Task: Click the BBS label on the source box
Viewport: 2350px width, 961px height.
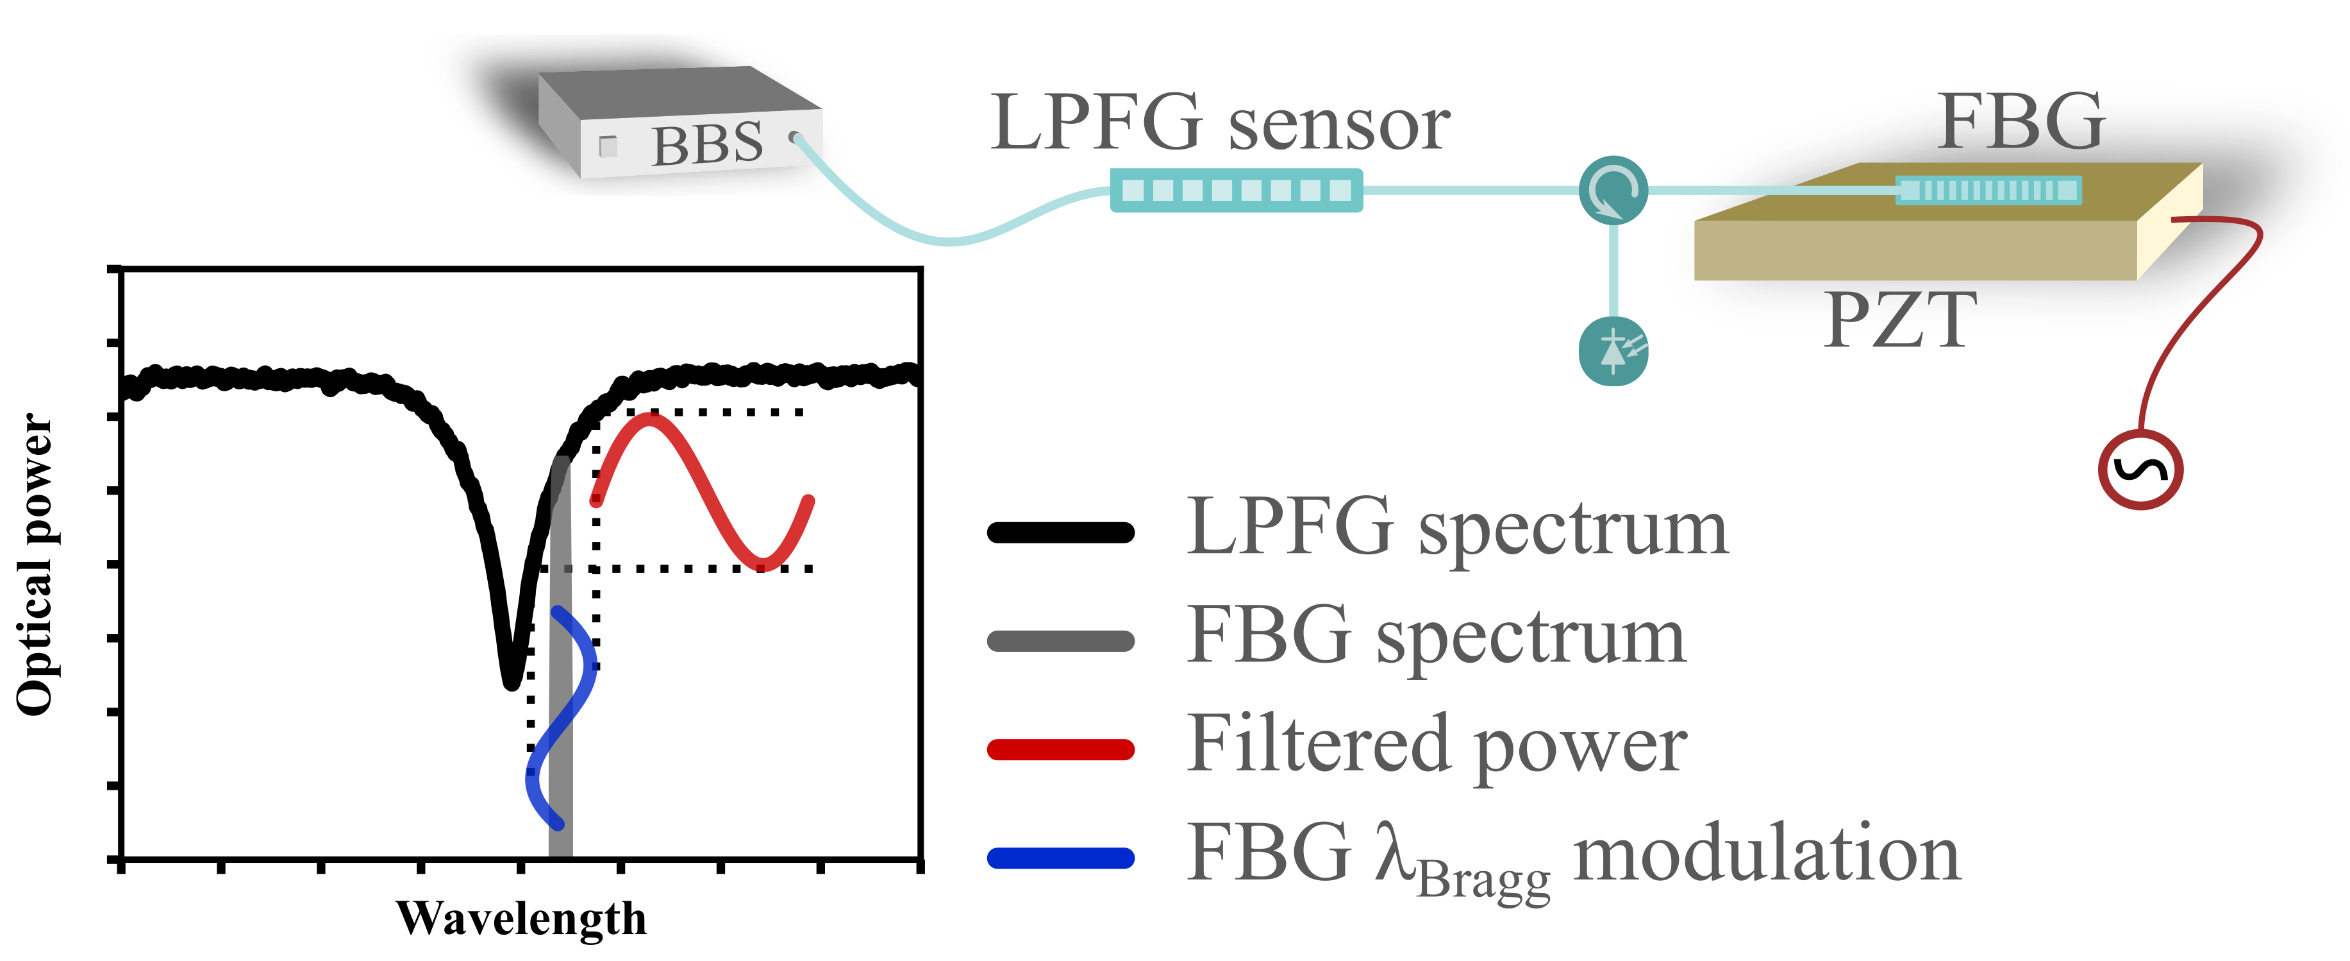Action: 707,144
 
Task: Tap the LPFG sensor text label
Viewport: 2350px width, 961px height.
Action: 1220,123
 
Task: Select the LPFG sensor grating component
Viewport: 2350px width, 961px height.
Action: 1236,191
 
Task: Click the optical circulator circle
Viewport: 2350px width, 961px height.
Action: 1613,191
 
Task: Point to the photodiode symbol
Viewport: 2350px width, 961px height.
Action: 1613,350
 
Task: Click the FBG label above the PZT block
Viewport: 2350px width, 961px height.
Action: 2022,123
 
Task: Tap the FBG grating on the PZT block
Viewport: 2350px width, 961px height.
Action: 1988,191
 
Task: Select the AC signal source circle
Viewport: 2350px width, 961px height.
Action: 2140,470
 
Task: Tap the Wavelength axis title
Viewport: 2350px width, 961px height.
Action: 521,918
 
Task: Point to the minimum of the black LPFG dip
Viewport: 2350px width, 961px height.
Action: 511,680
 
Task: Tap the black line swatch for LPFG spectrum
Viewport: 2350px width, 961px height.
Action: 1060,532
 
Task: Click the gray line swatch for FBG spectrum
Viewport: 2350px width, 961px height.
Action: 1060,641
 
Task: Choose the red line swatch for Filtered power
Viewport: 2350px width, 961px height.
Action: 1060,749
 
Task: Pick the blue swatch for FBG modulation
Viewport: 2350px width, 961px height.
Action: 1060,858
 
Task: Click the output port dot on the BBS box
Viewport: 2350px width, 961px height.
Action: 796,139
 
